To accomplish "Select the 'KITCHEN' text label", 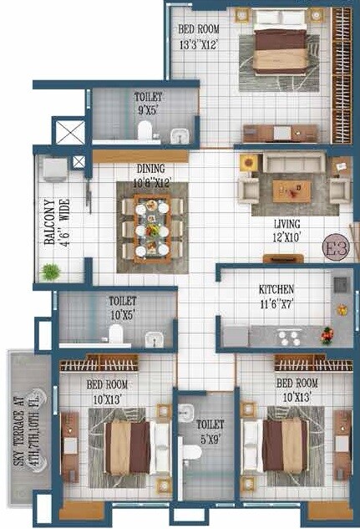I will point(276,289).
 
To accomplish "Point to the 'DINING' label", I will point(151,168).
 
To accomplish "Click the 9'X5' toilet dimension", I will point(149,108).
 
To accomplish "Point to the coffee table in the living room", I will point(292,191).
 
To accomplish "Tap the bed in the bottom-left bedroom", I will point(128,446).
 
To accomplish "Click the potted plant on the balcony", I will point(51,272).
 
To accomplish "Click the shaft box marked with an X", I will point(68,132).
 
